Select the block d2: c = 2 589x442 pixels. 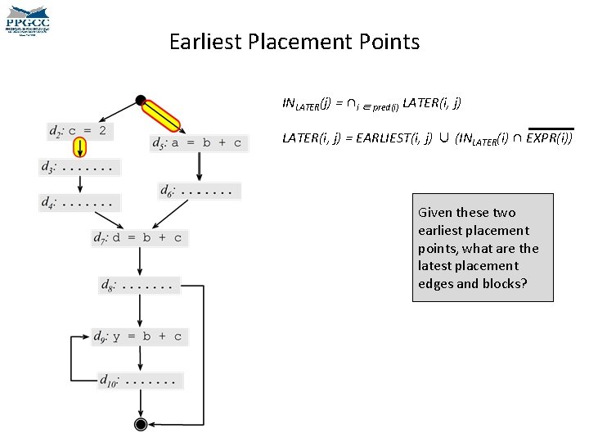click(x=79, y=130)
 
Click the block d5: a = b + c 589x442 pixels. click(x=196, y=142)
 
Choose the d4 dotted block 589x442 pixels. click(x=79, y=201)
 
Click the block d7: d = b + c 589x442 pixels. click(x=139, y=239)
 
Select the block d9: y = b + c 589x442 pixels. click(x=139, y=336)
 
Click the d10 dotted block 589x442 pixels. click(x=139, y=380)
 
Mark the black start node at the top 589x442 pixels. click(x=141, y=101)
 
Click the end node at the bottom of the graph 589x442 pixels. click(x=140, y=423)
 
